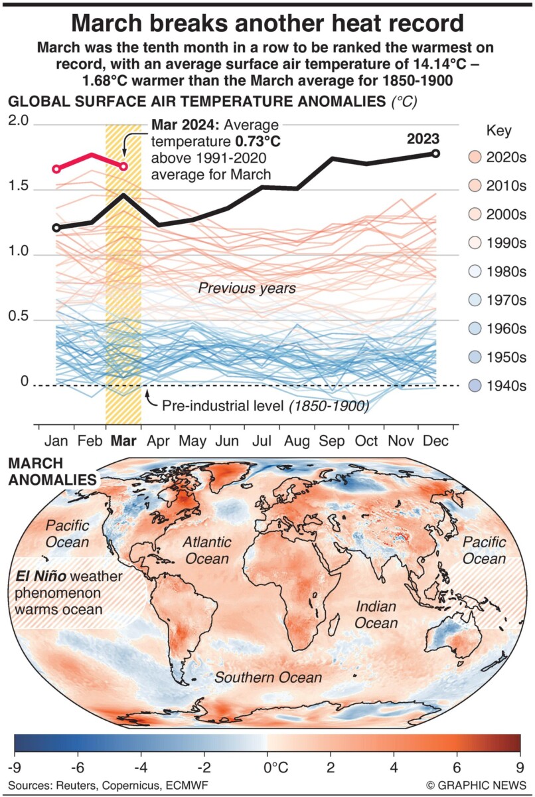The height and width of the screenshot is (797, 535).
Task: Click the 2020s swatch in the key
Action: (474, 157)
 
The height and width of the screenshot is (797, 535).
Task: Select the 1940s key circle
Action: (474, 387)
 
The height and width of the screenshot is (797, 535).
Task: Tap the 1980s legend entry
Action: (474, 272)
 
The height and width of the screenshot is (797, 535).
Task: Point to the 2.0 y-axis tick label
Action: (18, 122)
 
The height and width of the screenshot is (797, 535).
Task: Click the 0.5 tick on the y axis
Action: (18, 317)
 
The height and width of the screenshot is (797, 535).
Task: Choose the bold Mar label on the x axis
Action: (123, 441)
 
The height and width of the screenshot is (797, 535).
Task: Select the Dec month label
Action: (435, 441)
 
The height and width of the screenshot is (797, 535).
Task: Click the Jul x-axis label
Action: (262, 441)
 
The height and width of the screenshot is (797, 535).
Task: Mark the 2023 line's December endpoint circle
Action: (436, 153)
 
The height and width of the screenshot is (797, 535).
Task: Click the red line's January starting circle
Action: (56, 169)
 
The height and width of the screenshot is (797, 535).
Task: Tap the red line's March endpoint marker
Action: (123, 166)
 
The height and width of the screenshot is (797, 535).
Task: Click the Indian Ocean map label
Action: (376, 614)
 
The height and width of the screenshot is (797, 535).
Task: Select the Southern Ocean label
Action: (267, 677)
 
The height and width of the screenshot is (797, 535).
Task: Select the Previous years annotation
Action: (247, 288)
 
